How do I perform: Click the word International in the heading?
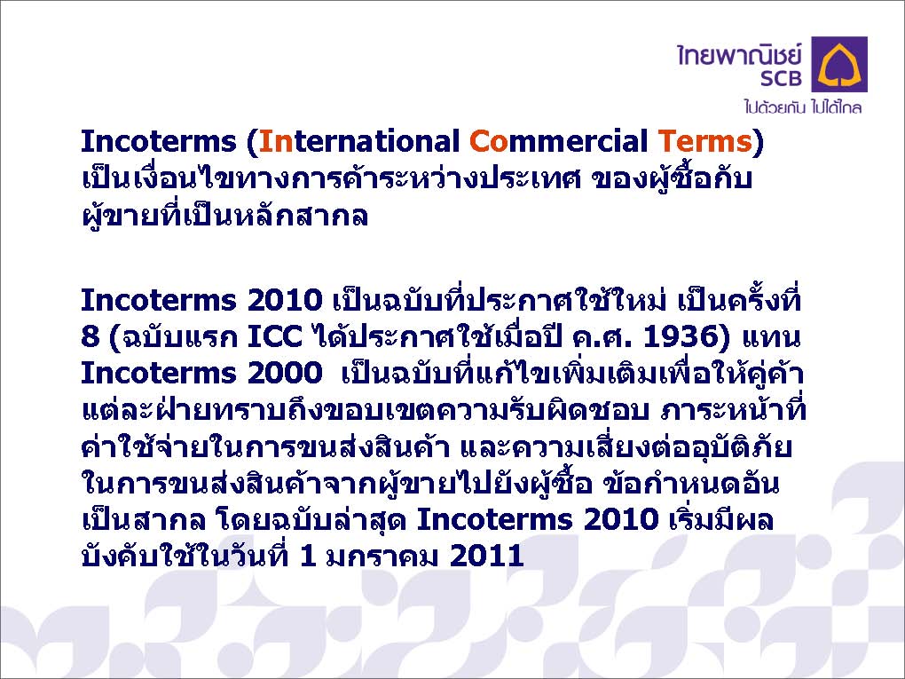[x=359, y=141]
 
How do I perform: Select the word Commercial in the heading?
[x=559, y=141]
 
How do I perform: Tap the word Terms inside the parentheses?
[x=704, y=141]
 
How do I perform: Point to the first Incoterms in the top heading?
[x=159, y=141]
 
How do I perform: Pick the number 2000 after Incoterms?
[x=285, y=373]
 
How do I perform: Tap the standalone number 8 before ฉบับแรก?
[x=90, y=336]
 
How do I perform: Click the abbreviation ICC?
[x=275, y=336]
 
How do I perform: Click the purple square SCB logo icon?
[x=839, y=64]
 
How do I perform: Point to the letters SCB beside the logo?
[x=781, y=77]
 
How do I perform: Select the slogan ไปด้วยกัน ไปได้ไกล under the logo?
[x=803, y=107]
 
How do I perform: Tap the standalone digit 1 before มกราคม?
[x=308, y=556]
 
